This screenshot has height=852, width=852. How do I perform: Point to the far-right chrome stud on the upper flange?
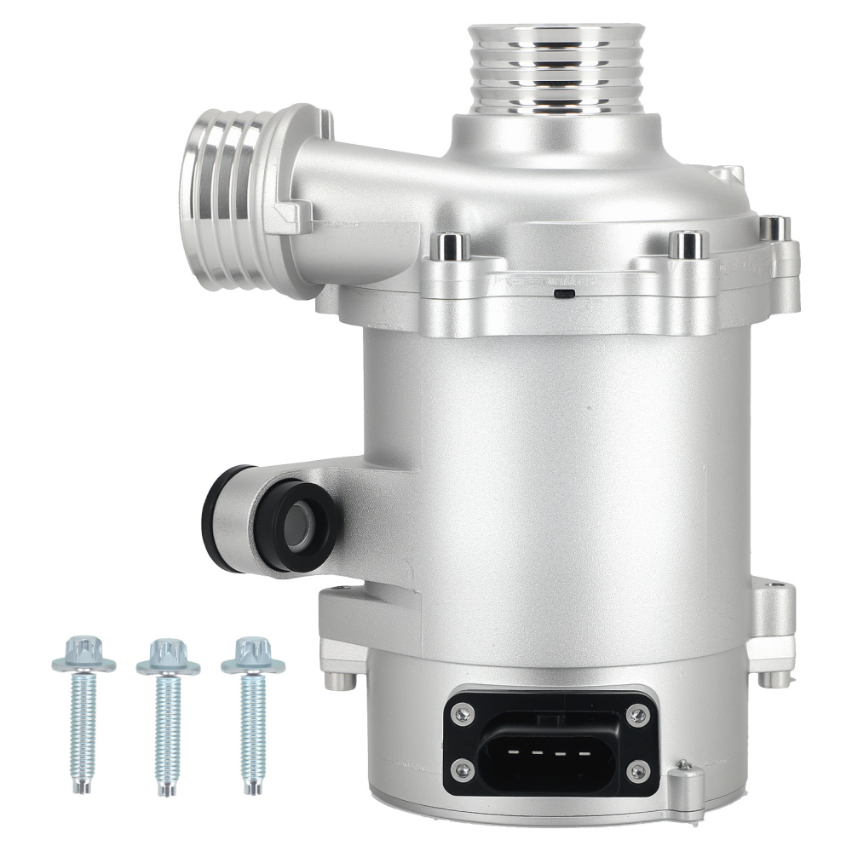pyautogui.click(x=774, y=227)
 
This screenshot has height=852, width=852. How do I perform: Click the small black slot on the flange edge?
pyautogui.click(x=562, y=293)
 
